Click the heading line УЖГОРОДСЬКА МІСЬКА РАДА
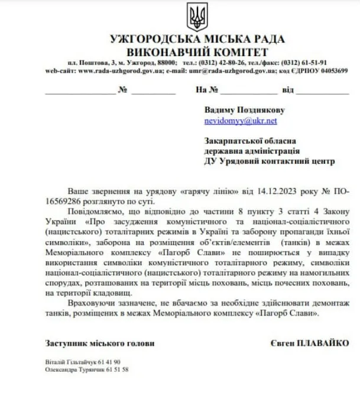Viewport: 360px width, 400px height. tap(197, 40)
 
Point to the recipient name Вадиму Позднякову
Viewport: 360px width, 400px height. tap(244, 110)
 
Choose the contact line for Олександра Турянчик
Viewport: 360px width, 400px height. tap(86, 369)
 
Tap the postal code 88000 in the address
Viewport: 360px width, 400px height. tap(166, 62)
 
